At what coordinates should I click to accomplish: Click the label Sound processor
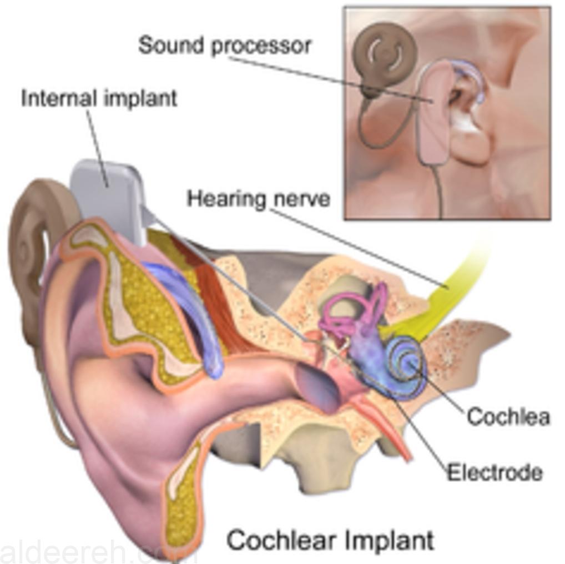224,46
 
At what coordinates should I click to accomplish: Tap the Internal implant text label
99,98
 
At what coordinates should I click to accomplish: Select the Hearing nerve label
259,199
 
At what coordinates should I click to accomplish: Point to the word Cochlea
508,416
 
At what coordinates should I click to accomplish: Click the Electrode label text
495,472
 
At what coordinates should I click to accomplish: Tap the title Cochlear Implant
330,540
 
